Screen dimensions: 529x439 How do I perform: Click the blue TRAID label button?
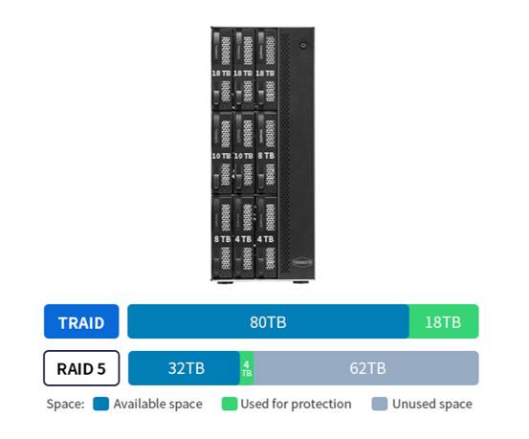click(x=81, y=321)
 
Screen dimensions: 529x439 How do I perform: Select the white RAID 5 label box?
click(x=81, y=368)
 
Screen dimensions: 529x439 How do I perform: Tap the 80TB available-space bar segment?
click(x=269, y=321)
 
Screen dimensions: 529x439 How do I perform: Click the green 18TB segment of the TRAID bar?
click(x=444, y=321)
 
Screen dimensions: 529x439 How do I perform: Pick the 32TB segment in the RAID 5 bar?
click(x=185, y=368)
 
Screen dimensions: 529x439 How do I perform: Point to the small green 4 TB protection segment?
click(x=247, y=368)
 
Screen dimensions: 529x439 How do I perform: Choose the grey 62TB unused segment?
click(x=366, y=368)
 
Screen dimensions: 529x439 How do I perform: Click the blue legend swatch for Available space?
click(x=100, y=404)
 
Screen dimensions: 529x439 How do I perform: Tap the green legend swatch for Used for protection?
click(x=230, y=404)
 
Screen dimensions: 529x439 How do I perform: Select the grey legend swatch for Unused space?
click(x=380, y=404)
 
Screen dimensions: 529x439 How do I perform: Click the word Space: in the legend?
click(x=65, y=404)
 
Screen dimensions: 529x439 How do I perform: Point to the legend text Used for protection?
click(x=296, y=404)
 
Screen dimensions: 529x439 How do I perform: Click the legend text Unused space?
click(x=432, y=404)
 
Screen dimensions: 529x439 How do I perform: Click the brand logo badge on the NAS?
click(x=302, y=262)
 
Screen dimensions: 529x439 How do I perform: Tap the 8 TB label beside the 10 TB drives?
click(x=266, y=156)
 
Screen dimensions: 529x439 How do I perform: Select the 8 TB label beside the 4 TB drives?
click(x=222, y=239)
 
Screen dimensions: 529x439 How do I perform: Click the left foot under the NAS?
click(x=225, y=282)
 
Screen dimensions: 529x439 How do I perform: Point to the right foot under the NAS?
click(x=299, y=282)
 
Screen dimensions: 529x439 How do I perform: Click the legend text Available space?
click(x=158, y=404)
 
